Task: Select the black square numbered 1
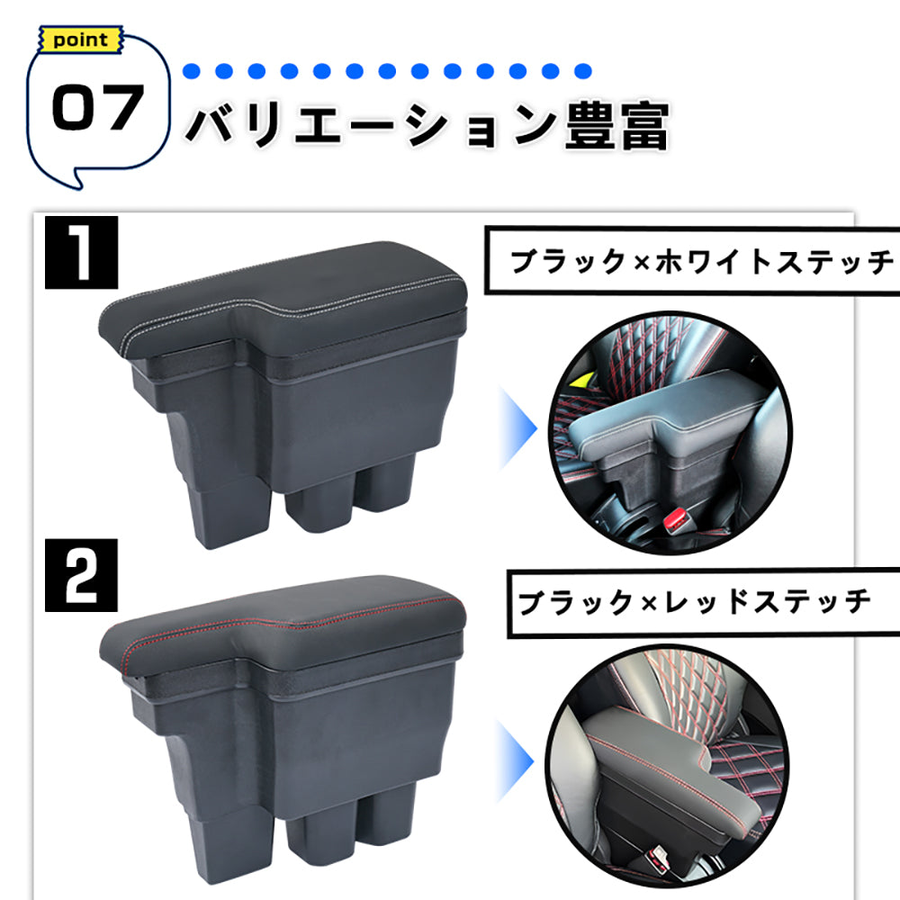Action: tap(82, 254)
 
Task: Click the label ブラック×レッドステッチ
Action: tap(694, 600)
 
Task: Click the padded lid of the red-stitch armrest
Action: tap(288, 621)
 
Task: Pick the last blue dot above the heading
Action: tap(583, 70)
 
